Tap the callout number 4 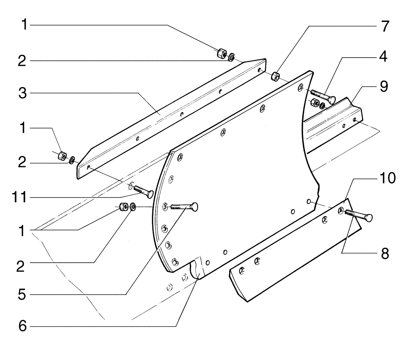click(382, 57)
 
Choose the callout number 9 click(382, 86)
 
